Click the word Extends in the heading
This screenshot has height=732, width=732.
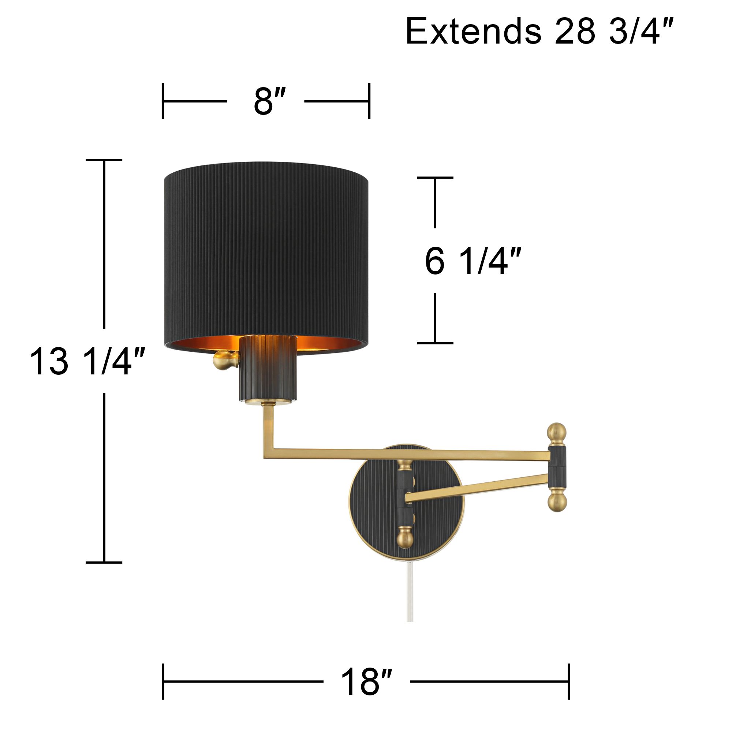(x=473, y=32)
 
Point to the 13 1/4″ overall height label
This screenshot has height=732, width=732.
(x=87, y=362)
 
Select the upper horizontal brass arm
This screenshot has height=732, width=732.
(x=417, y=454)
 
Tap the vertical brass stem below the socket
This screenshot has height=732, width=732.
(x=268, y=428)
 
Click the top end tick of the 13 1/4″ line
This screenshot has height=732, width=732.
(x=104, y=160)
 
